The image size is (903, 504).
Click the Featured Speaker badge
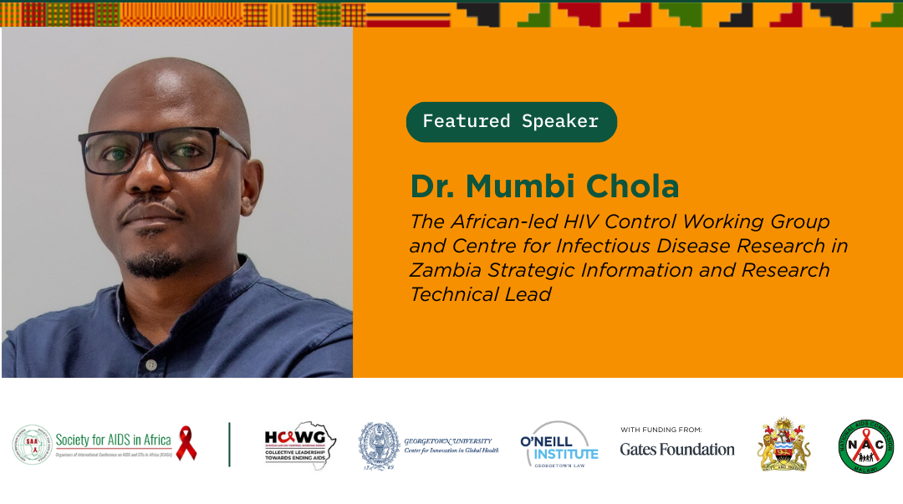(x=511, y=122)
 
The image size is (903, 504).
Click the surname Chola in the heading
(x=636, y=186)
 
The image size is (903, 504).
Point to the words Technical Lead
(x=481, y=294)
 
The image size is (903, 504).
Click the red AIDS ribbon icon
(x=186, y=444)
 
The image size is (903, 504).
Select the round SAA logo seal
(x=32, y=445)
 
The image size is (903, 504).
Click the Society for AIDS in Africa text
(x=113, y=440)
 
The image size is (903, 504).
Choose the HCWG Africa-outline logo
(x=301, y=445)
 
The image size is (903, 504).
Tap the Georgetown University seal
(x=379, y=445)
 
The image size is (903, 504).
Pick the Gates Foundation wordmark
(x=677, y=449)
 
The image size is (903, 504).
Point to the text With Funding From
(x=661, y=430)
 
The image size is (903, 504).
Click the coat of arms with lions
(x=784, y=445)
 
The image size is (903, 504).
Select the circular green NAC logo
(x=865, y=445)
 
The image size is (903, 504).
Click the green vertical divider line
(x=229, y=445)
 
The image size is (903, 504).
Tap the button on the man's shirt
(x=151, y=364)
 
